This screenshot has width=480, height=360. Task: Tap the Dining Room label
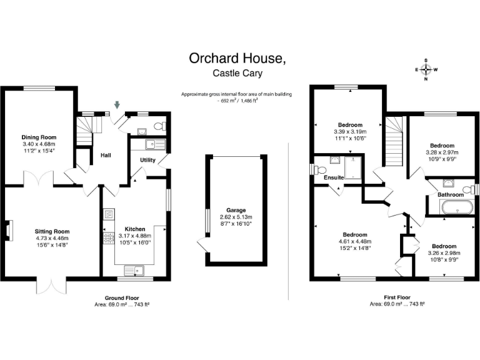[39, 137]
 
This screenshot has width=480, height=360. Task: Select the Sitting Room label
[52, 231]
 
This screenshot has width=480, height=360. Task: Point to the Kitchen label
[135, 229]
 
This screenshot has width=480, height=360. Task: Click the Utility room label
[147, 161]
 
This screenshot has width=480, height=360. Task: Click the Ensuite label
[333, 177]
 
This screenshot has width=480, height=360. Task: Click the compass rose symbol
[426, 69]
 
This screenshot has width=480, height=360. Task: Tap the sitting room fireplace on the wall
[9, 231]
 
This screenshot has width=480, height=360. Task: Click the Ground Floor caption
[121, 298]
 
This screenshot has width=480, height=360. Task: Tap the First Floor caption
[396, 298]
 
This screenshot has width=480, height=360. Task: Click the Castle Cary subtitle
[237, 74]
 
